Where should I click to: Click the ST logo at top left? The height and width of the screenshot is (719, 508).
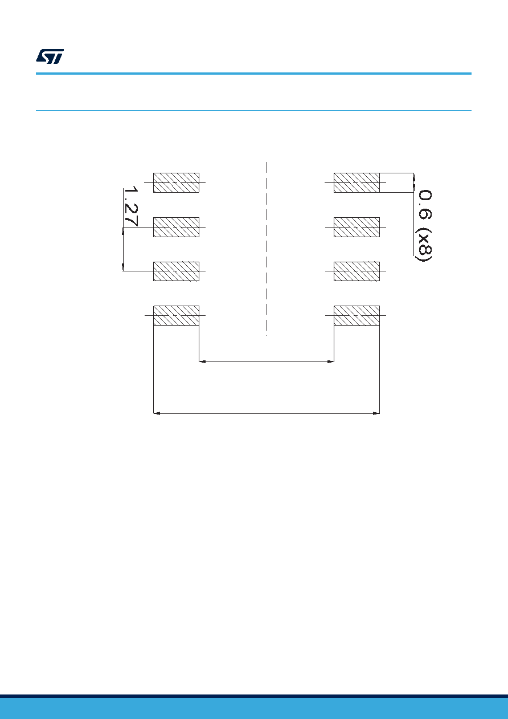[x=50, y=56]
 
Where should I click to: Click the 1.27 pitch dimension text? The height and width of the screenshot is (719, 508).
[x=131, y=206]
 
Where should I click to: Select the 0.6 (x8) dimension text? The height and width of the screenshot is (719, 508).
[x=423, y=225]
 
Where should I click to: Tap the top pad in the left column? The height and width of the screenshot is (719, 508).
[x=177, y=182]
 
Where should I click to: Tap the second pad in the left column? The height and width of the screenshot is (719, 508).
[x=177, y=228]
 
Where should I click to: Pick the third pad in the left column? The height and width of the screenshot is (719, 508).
[x=177, y=271]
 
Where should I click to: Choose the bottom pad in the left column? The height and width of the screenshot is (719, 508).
[x=177, y=315]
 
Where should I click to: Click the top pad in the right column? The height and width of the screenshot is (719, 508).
[x=357, y=182]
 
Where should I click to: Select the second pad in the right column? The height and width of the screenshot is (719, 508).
[x=357, y=228]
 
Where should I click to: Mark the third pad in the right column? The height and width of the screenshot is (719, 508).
[x=357, y=271]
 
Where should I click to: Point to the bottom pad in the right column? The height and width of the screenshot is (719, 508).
[x=357, y=315]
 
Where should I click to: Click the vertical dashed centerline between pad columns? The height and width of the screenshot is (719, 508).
[x=267, y=249]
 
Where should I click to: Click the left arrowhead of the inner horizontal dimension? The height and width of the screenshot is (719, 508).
[x=202, y=361]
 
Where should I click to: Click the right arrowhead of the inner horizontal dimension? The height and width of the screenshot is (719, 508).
[x=331, y=361]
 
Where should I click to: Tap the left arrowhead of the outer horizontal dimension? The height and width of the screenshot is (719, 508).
[x=157, y=413]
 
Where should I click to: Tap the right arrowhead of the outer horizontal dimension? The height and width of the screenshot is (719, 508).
[x=376, y=413]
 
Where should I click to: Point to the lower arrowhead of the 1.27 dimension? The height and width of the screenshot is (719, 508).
[x=123, y=267]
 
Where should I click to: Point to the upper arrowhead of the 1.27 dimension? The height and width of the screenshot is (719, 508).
[x=123, y=231]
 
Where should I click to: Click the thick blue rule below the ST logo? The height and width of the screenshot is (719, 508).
[x=253, y=74]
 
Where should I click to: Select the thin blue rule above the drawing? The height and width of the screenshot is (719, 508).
[x=253, y=111]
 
